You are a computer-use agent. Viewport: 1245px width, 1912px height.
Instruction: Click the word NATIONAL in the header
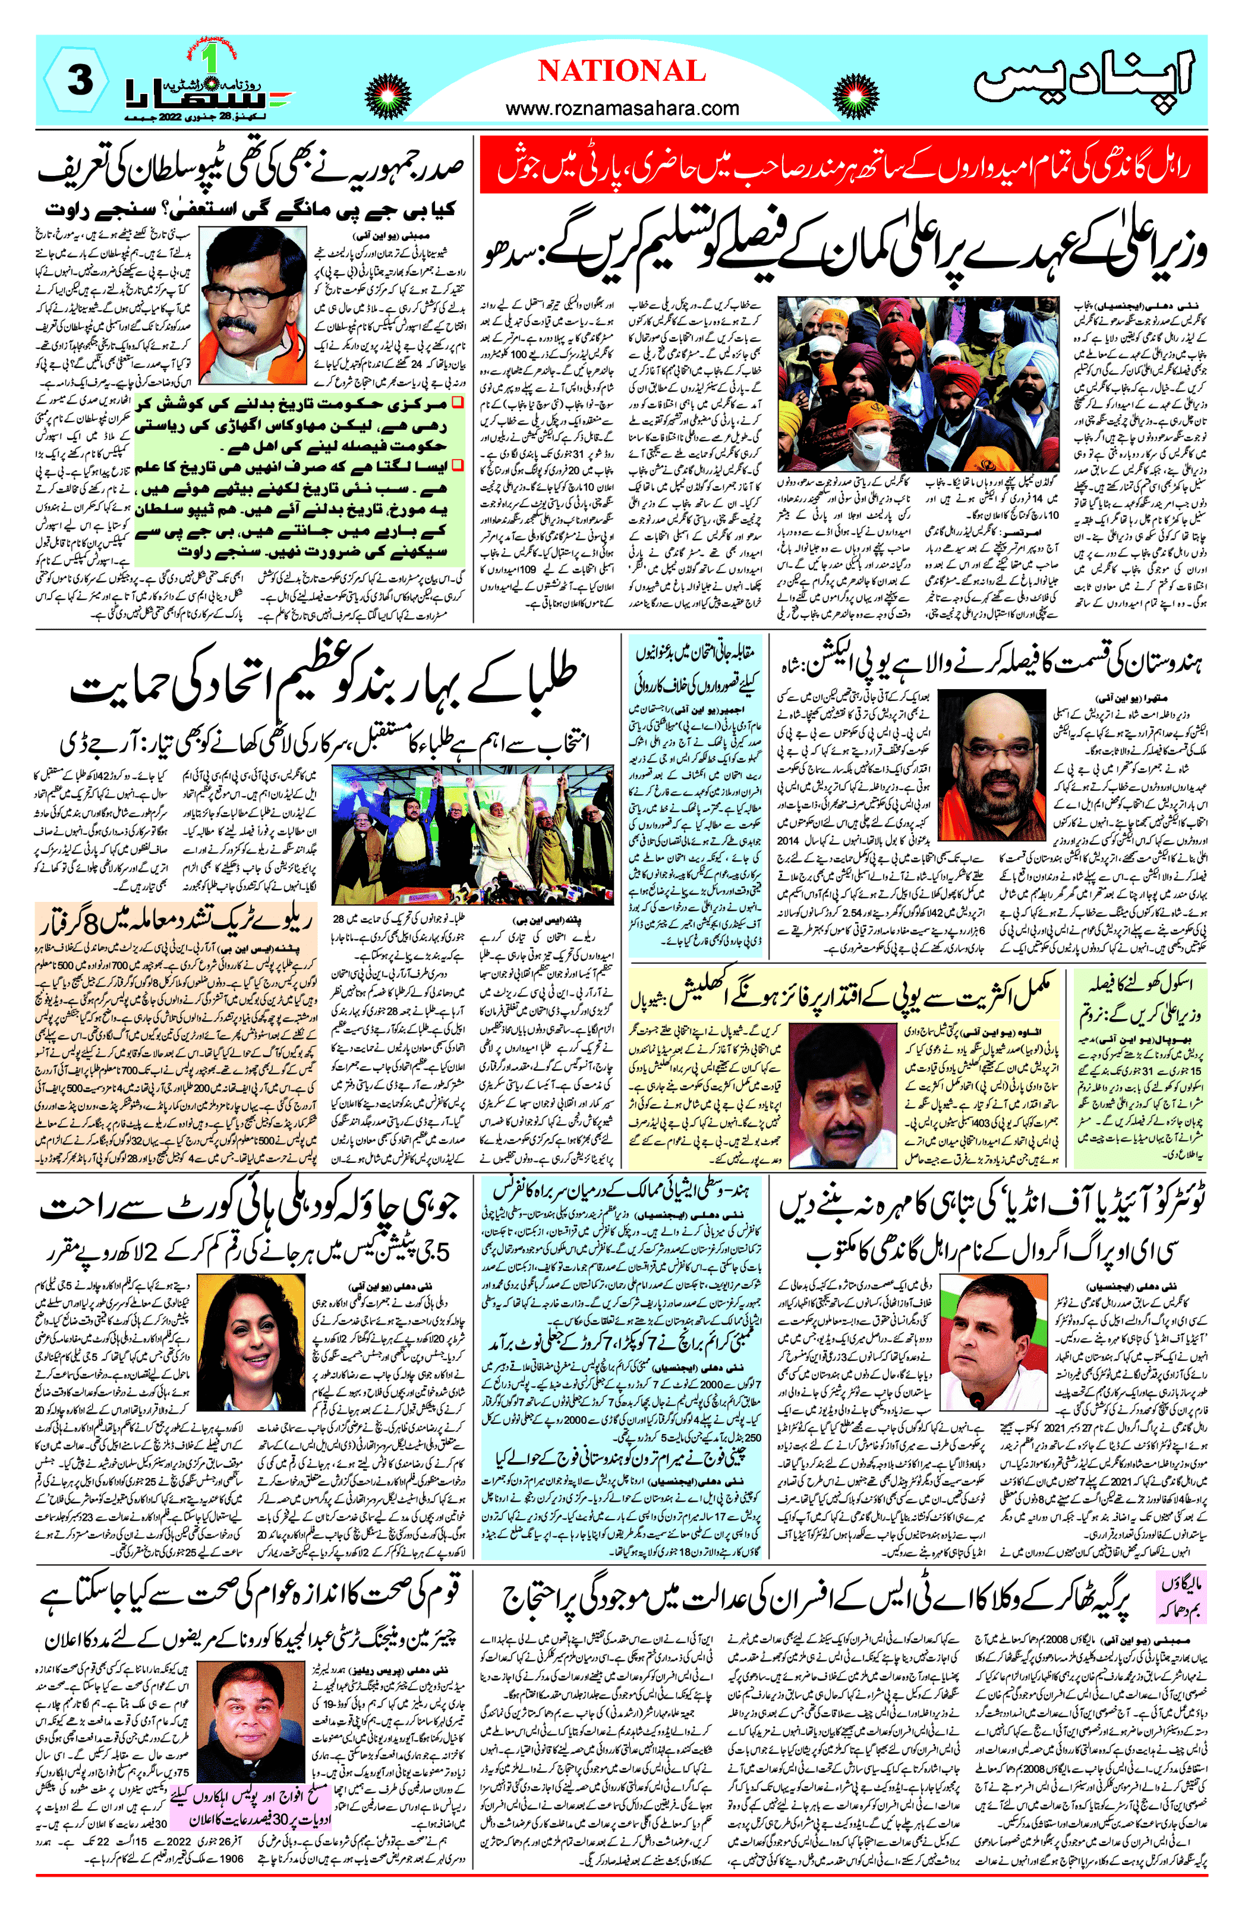pyautogui.click(x=621, y=71)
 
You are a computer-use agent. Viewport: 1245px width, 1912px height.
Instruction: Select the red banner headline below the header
pyautogui.click(x=843, y=165)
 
